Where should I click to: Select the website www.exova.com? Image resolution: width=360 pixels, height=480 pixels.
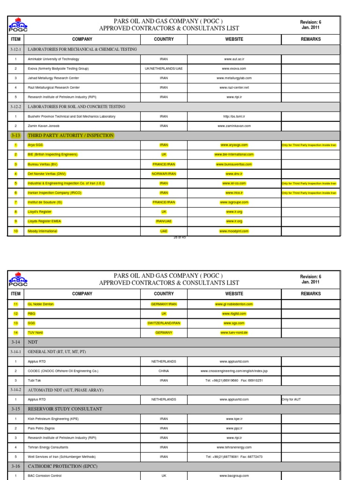234,68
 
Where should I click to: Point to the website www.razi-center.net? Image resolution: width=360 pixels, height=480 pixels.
234,87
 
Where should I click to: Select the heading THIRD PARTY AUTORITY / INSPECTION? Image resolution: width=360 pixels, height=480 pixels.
71,135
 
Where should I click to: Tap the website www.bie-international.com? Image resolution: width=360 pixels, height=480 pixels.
234,154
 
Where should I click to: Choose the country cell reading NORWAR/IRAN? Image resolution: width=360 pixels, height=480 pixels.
164,173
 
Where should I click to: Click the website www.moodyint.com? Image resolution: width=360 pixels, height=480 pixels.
234,231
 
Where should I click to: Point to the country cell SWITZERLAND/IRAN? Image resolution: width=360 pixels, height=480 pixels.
164,323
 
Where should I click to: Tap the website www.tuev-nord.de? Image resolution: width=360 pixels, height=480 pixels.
234,332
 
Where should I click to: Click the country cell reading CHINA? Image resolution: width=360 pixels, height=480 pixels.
164,371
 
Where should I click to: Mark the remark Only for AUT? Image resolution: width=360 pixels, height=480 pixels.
294,399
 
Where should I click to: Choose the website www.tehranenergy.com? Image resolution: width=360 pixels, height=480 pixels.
234,447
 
